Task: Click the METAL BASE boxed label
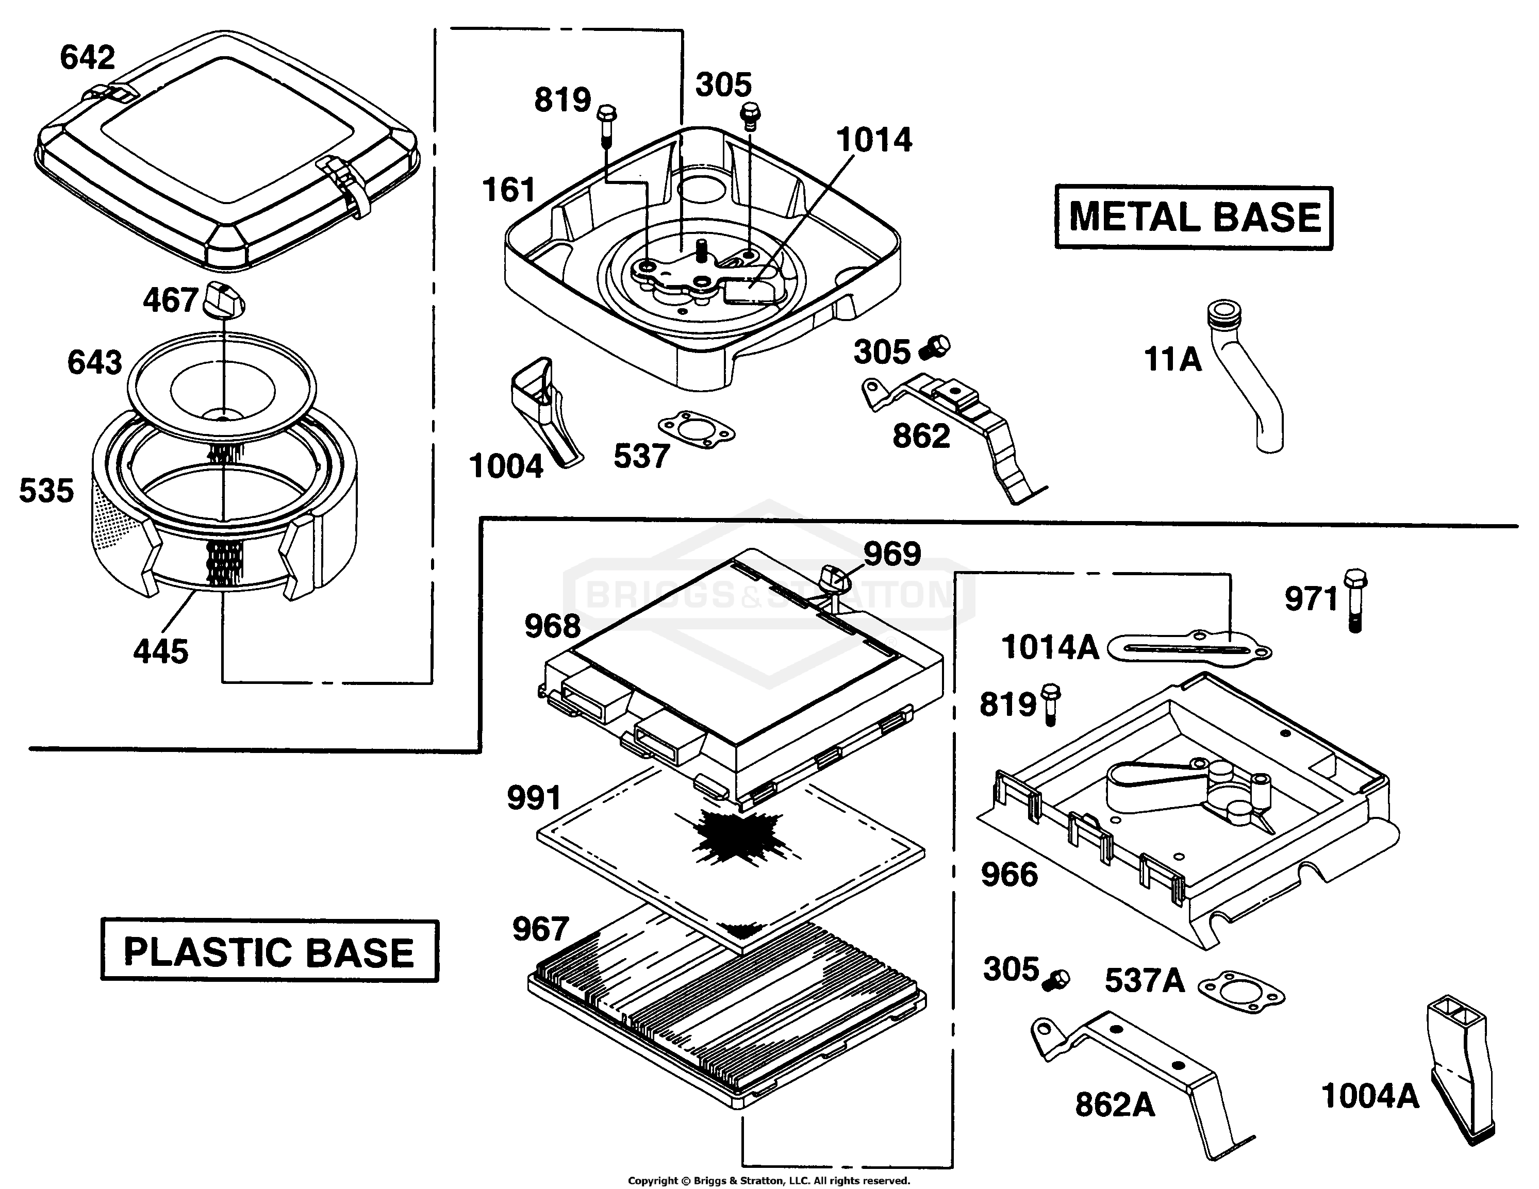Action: click(1194, 217)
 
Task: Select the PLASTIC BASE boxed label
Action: click(269, 951)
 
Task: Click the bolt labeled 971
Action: click(1355, 600)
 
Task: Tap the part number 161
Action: click(509, 190)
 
